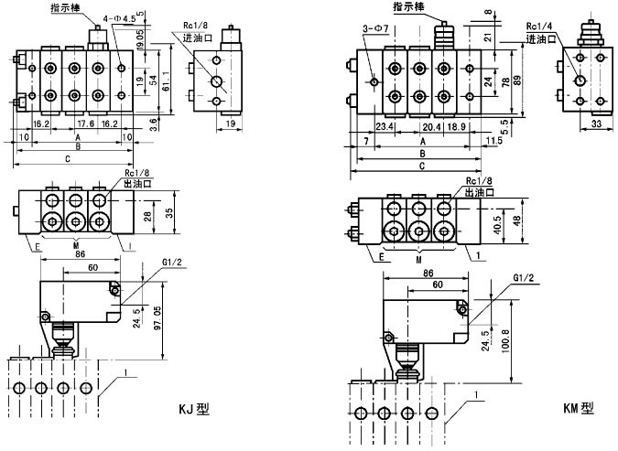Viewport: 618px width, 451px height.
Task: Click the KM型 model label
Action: click(578, 409)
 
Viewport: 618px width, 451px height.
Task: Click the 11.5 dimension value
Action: click(495, 140)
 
